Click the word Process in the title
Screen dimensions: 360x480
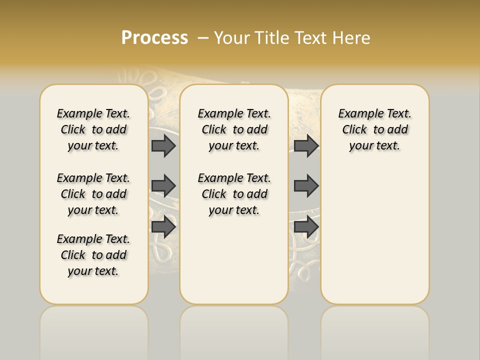pyautogui.click(x=154, y=38)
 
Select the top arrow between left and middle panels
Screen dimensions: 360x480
pyautogui.click(x=163, y=145)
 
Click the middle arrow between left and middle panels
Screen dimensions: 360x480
pyautogui.click(x=163, y=186)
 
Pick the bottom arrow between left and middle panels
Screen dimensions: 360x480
pyautogui.click(x=163, y=226)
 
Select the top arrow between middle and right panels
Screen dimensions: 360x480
pyautogui.click(x=306, y=145)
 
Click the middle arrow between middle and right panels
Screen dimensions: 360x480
pyautogui.click(x=306, y=186)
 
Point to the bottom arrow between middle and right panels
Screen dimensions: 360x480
pyautogui.click(x=306, y=226)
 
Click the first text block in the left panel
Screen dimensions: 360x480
pyautogui.click(x=93, y=129)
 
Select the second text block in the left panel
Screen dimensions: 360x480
pyautogui.click(x=93, y=194)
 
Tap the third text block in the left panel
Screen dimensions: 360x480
pyautogui.click(x=93, y=255)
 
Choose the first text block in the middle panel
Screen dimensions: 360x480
pyautogui.click(x=234, y=129)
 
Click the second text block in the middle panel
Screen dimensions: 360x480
pyautogui.click(x=234, y=194)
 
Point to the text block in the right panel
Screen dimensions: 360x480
pyautogui.click(x=375, y=129)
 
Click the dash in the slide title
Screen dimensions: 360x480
pyautogui.click(x=203, y=38)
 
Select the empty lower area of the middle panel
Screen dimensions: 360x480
pyautogui.click(x=234, y=260)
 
